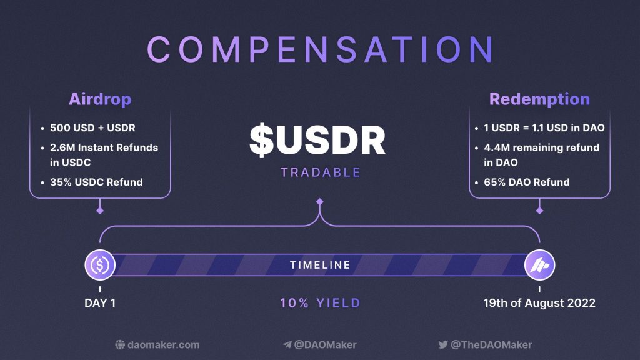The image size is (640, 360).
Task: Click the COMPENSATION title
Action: [320, 49]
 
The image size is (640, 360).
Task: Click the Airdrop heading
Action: [100, 99]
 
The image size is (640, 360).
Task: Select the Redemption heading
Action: [539, 99]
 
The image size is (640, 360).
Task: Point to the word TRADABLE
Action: [320, 172]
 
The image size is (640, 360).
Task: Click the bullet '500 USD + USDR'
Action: [92, 128]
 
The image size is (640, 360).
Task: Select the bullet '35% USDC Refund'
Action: [96, 182]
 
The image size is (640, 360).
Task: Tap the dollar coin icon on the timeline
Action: [100, 265]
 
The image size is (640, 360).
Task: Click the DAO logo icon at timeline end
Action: [539, 265]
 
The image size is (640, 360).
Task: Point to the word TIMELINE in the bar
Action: [320, 265]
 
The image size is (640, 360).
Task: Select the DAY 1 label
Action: [100, 303]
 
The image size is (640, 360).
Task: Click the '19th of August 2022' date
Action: [539, 303]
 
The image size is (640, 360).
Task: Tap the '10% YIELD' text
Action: [320, 303]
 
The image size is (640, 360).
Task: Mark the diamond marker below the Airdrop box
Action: [100, 211]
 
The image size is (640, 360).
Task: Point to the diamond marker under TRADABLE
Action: [320, 202]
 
